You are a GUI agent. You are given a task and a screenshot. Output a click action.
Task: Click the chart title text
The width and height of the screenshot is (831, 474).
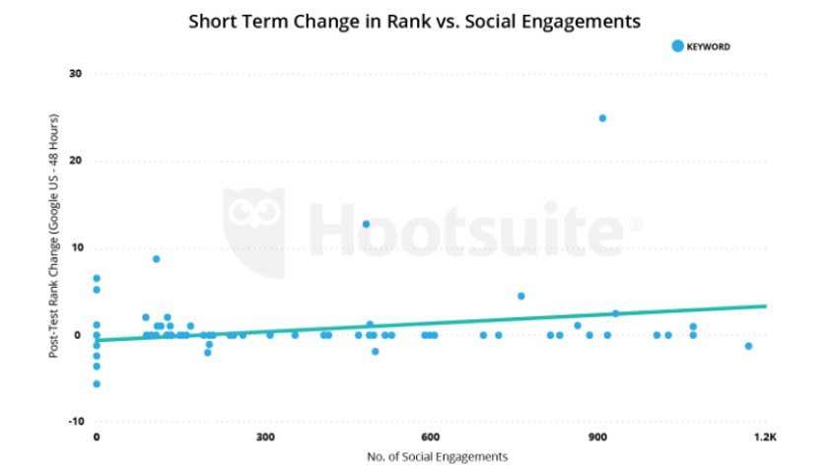point(414,20)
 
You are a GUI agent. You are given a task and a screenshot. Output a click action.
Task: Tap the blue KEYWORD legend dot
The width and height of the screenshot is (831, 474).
point(676,45)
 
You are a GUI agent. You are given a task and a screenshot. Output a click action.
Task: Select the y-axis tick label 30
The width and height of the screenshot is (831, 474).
point(75,74)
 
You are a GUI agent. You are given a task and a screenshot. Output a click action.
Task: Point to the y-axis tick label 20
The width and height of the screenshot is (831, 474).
point(75,161)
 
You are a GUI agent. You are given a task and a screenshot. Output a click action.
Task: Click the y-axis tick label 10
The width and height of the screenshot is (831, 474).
point(75,247)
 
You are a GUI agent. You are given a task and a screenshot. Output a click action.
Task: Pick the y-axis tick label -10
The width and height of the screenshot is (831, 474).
point(74,421)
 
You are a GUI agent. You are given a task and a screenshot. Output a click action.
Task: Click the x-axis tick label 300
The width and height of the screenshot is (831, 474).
point(263,437)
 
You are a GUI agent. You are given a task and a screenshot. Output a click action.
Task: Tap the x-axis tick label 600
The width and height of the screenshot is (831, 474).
point(430,437)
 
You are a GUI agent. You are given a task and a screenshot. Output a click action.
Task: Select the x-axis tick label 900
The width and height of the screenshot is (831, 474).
point(596,437)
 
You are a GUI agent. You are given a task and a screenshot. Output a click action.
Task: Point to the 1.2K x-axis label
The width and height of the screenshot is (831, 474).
point(762,437)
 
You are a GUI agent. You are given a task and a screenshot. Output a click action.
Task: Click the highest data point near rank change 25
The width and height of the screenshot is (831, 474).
point(602,118)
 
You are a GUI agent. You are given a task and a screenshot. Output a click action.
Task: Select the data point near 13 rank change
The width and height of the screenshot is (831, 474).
point(366,224)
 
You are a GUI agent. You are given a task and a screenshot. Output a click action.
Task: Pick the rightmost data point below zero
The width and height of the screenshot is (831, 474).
point(748,346)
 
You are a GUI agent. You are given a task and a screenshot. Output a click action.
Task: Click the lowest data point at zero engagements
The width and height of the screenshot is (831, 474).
point(97,383)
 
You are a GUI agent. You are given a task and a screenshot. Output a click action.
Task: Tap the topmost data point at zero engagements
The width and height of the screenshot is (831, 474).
point(97,278)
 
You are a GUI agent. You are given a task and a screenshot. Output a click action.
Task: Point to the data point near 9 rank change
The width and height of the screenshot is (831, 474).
point(156,259)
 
